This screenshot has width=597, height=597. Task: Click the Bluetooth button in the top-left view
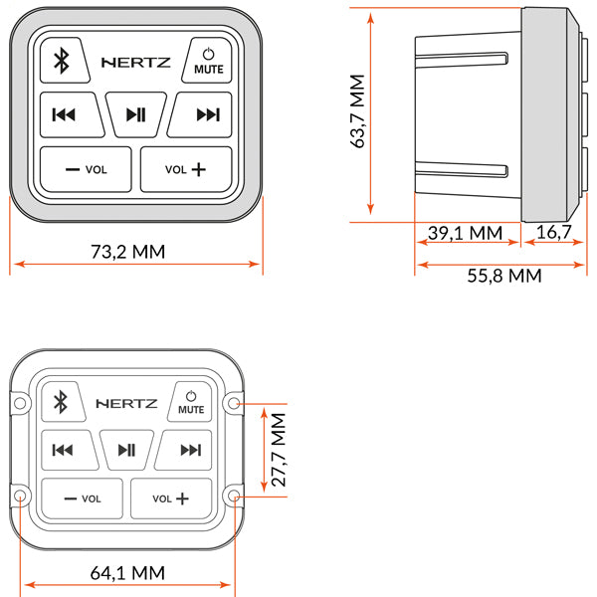pos(60,62)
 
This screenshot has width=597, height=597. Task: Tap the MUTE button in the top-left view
pos(208,62)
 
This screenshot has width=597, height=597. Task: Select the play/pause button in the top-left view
pos(135,114)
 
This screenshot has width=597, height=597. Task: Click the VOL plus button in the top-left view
pos(186,169)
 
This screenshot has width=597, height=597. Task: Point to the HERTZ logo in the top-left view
pos(136,62)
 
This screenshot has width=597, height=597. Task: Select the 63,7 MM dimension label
pos(359,115)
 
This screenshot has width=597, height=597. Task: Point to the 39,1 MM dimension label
pos(464,233)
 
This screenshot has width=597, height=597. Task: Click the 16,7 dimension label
pos(553,233)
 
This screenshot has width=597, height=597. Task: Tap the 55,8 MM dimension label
pos(504,276)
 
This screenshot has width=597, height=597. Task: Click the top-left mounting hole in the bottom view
pos(20,402)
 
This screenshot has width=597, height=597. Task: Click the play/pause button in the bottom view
pos(126,450)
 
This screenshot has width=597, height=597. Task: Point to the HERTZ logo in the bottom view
pos(125,403)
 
